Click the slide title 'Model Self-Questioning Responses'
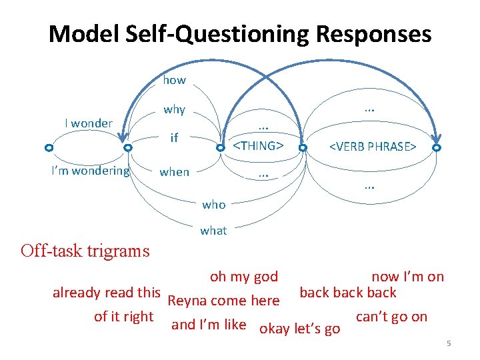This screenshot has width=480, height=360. coord(240,33)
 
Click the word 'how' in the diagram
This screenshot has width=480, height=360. coord(175,80)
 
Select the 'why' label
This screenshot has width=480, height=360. coord(175,109)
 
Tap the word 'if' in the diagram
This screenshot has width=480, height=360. coord(175,138)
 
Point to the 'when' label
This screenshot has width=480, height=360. coord(175,172)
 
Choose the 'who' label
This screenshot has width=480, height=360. coord(213,205)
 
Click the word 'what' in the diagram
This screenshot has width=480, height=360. coord(213,231)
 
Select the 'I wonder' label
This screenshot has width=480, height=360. coord(89,123)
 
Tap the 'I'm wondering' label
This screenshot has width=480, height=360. coord(91,171)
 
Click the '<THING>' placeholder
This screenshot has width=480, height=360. coord(258,145)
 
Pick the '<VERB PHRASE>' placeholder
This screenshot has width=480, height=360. coord(373,146)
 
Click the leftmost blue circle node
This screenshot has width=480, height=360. coord(49,147)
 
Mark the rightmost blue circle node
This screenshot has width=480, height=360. coord(437,147)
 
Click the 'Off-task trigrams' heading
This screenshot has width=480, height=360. coord(85,251)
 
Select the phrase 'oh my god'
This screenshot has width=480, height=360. coord(244,277)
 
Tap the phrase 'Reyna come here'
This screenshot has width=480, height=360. coord(224,301)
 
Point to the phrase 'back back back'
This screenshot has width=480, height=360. coord(348,293)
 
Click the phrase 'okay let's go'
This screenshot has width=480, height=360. coord(300,328)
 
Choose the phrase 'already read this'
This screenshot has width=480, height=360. coord(107,292)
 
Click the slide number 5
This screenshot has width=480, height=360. coord(449,343)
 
